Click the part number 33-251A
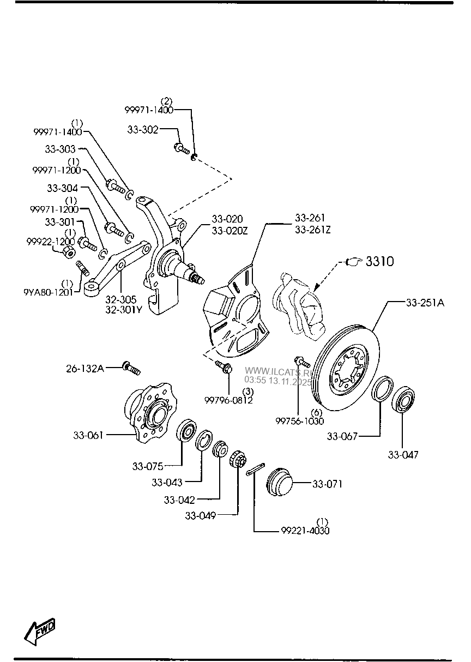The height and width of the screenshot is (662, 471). coord(425,303)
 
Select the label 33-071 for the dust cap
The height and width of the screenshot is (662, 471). coord(327,484)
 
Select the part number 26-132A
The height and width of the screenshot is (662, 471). coord(85,369)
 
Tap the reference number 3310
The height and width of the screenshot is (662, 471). coord(380,262)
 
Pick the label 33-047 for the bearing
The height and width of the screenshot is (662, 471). coord(403,454)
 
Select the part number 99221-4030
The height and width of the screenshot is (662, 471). coord(305,531)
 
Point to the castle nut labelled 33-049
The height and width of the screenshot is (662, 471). coord(237,459)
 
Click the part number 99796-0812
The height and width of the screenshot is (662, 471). coord(229,400)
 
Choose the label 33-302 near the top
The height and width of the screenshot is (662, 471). coord(143,130)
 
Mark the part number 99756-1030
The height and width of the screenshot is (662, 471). coord(299,420)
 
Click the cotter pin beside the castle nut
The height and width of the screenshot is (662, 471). coord(255,469)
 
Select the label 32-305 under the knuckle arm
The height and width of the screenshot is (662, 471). coord(120,299)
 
